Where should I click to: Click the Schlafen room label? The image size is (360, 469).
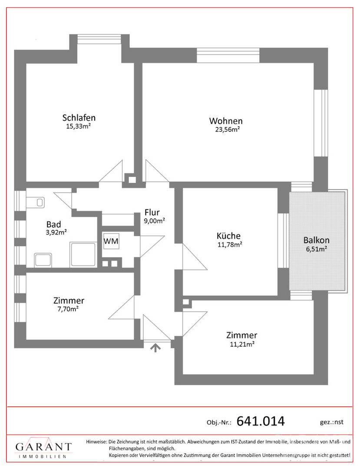(x=79, y=118)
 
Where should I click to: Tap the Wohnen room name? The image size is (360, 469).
(x=226, y=121)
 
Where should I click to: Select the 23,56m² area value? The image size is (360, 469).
(x=228, y=129)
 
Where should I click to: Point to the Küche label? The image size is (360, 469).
(x=229, y=236)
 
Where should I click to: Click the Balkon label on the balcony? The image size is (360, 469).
(x=316, y=240)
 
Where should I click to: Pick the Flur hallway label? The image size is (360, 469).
(x=152, y=212)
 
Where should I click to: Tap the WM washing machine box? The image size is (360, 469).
(x=111, y=241)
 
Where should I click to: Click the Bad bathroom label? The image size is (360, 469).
(x=54, y=225)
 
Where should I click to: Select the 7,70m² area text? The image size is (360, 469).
(x=68, y=309)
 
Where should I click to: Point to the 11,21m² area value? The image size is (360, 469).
(x=242, y=344)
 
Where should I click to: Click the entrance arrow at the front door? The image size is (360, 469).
(x=155, y=347)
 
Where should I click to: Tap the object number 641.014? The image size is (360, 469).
(x=261, y=421)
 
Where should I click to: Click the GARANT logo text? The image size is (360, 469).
(x=44, y=447)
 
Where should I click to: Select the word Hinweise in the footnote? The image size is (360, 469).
(x=96, y=442)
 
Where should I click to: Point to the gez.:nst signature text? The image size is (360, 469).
(x=332, y=422)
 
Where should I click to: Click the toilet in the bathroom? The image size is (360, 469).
(x=36, y=202)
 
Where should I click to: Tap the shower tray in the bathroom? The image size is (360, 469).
(x=83, y=254)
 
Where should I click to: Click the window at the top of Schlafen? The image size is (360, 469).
(x=99, y=40)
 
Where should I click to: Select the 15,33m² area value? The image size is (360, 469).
(x=78, y=126)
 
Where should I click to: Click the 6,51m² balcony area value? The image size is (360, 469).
(x=316, y=249)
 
